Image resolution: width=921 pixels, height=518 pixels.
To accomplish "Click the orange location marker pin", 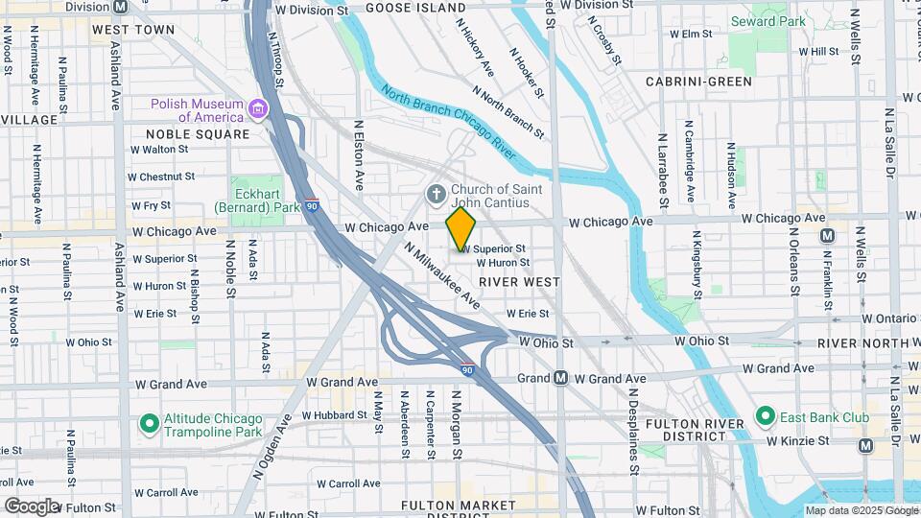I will click(461, 230).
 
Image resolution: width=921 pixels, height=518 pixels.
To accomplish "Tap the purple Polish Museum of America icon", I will click(257, 109).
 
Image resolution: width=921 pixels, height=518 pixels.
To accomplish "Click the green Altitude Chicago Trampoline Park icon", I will click(149, 423).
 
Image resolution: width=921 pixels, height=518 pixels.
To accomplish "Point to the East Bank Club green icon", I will click(765, 416).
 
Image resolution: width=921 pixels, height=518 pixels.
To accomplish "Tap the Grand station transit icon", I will click(561, 378).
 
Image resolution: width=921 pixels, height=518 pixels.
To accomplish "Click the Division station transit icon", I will click(120, 6).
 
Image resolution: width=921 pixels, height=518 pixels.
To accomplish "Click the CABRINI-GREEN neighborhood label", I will click(698, 82).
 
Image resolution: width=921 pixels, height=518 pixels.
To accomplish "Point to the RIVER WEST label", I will click(519, 282).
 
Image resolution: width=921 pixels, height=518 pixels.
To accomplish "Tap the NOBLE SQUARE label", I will click(198, 134).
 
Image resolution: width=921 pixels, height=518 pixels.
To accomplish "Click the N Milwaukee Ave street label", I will click(441, 275).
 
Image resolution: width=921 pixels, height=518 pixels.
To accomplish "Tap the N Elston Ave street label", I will click(360, 154).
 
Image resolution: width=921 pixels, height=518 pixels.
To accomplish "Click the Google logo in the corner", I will click(31, 506).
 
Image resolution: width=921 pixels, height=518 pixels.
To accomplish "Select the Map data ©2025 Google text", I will click(861, 510).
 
